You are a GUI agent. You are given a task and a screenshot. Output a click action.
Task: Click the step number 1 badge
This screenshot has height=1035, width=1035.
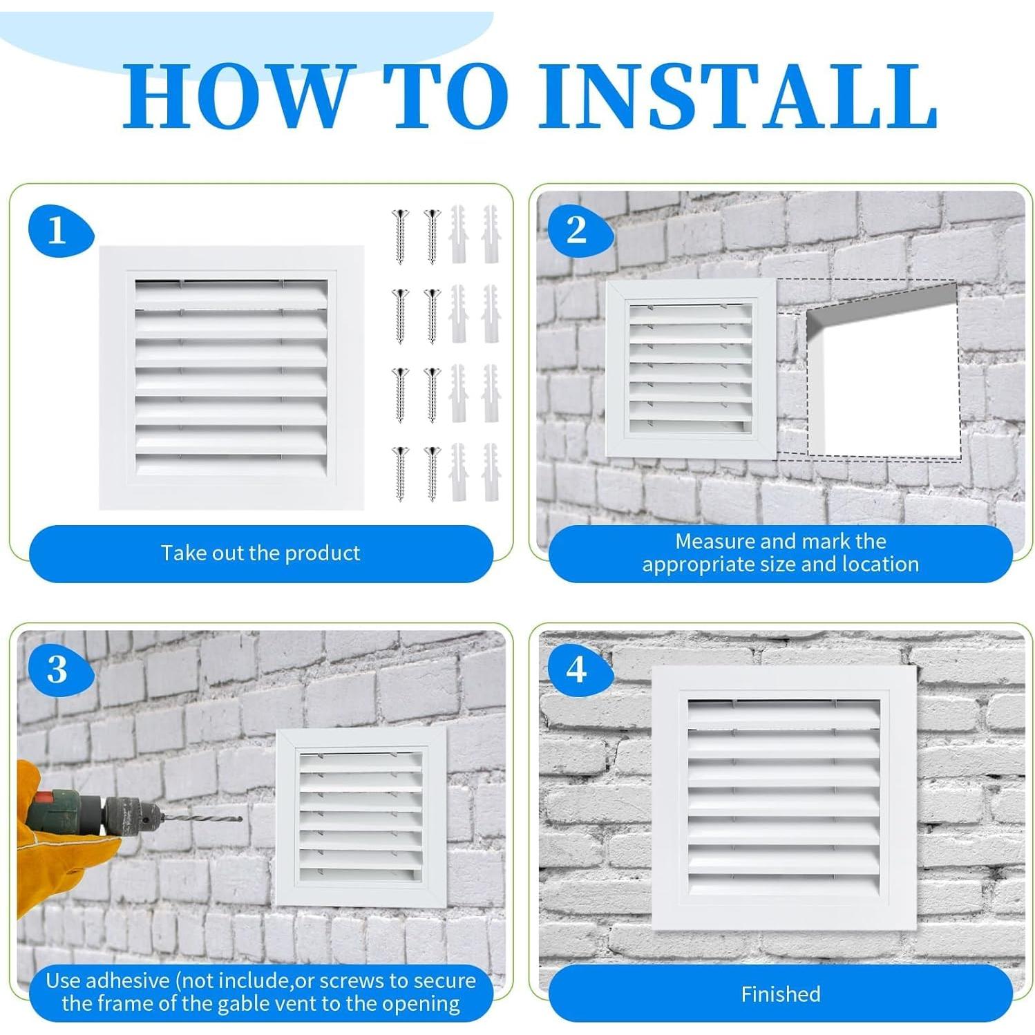(59, 231)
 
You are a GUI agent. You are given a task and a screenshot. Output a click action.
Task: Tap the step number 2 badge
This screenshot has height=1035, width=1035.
(579, 231)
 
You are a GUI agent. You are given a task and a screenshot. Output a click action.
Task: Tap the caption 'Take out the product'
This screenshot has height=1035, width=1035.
(260, 553)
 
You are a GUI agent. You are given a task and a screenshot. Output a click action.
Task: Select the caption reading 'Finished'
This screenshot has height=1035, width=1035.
(781, 994)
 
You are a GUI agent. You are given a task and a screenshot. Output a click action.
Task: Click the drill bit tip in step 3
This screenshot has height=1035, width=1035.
(241, 819)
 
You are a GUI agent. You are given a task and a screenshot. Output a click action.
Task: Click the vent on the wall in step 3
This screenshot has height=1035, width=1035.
(361, 817)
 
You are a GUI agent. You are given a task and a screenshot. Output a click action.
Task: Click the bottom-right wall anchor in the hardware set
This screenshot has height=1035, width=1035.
(491, 473)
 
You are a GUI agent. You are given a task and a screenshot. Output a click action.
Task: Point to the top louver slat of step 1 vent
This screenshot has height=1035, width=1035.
(231, 294)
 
